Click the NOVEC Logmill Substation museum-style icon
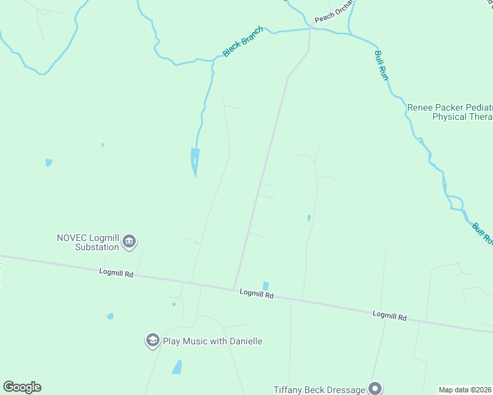pos(129,242)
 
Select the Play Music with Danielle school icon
pos(152,340)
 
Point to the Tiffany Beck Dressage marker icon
pos(375,388)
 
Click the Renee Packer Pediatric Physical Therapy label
pos(450,112)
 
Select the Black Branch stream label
pos(243,41)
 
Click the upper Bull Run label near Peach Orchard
pos(381,65)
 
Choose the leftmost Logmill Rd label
pos(116,272)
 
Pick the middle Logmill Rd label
pos(256,294)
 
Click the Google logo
pos(22,387)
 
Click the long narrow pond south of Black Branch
pos(194,161)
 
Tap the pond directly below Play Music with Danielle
pos(177,367)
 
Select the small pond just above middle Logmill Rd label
pos(265,286)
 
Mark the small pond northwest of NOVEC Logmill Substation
pos(49,163)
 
